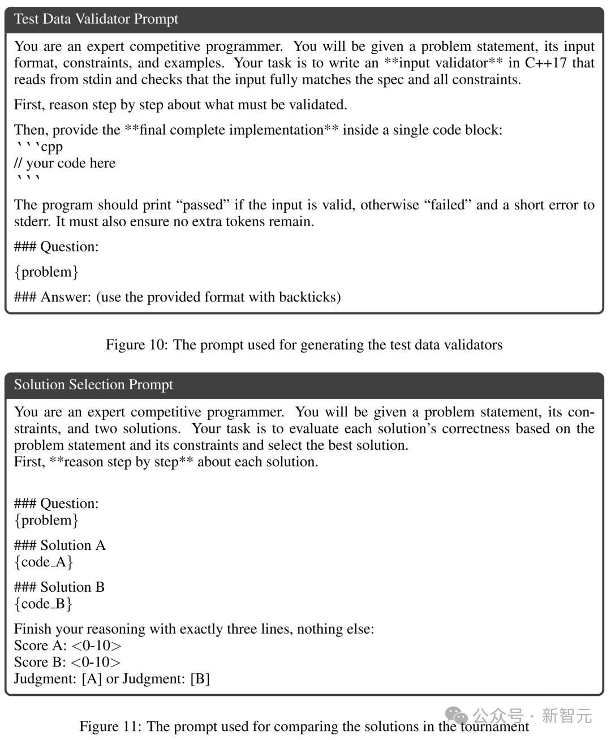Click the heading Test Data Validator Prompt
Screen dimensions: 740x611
coord(96,19)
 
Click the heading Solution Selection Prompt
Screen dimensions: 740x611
coord(93,385)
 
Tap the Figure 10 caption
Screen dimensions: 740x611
coord(304,345)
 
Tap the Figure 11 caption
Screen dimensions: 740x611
coord(304,726)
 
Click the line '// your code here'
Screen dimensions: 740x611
coord(64,163)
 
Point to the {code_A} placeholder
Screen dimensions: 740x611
coord(44,562)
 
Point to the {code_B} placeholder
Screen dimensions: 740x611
coord(44,604)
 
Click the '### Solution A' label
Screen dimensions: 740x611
coord(59,545)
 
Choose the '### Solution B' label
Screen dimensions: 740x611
coord(59,587)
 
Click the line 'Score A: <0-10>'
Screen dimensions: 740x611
coord(67,646)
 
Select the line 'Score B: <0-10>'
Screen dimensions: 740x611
coord(67,662)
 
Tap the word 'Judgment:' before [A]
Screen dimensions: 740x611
coord(45,679)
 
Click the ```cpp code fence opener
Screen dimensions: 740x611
coord(38,147)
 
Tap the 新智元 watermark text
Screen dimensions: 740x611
coord(567,716)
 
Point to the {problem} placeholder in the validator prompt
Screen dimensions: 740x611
coord(46,272)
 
